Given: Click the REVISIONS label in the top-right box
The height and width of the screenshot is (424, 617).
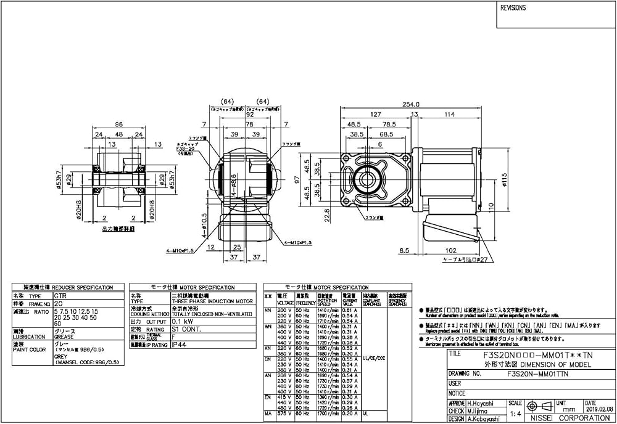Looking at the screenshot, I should [513, 8].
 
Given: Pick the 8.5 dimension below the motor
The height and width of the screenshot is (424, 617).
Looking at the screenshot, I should [404, 250].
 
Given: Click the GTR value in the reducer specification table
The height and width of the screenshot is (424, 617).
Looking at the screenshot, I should [60, 295].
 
